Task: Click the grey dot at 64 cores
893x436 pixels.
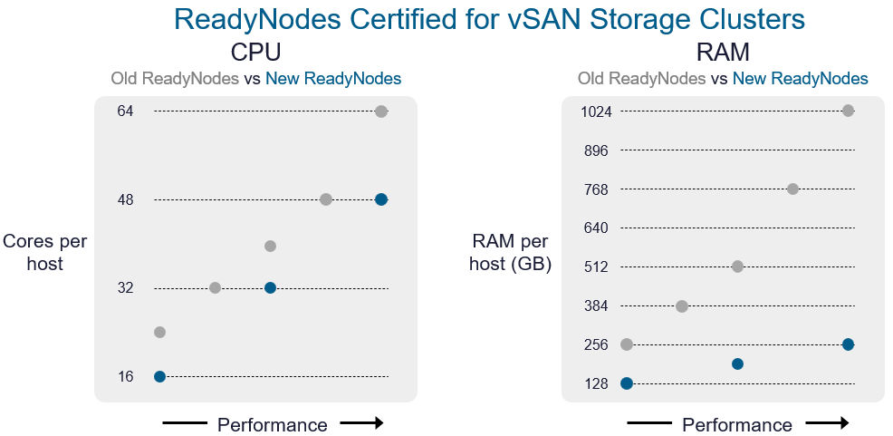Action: point(381,111)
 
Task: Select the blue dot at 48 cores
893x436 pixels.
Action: point(381,199)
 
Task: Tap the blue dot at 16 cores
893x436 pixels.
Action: point(159,376)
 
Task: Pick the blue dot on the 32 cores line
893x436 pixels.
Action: point(270,287)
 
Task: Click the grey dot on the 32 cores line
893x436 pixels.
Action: point(215,287)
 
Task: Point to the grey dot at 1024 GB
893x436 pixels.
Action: point(848,111)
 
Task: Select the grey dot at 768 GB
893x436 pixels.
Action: point(792,189)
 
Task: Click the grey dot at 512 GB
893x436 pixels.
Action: point(737,266)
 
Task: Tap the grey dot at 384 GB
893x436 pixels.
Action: point(682,306)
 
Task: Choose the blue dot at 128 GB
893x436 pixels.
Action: point(627,383)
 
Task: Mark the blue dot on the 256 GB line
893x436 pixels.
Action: point(848,344)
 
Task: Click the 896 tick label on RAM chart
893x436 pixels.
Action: point(597,150)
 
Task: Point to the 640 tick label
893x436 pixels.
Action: point(597,228)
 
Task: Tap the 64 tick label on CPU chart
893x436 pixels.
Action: point(125,111)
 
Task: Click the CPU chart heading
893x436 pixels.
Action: point(256,51)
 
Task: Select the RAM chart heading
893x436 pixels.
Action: point(723,51)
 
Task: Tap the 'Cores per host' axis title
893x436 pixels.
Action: point(45,253)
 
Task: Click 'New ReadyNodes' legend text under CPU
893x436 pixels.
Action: point(333,79)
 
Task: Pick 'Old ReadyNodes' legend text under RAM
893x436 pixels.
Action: point(642,79)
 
